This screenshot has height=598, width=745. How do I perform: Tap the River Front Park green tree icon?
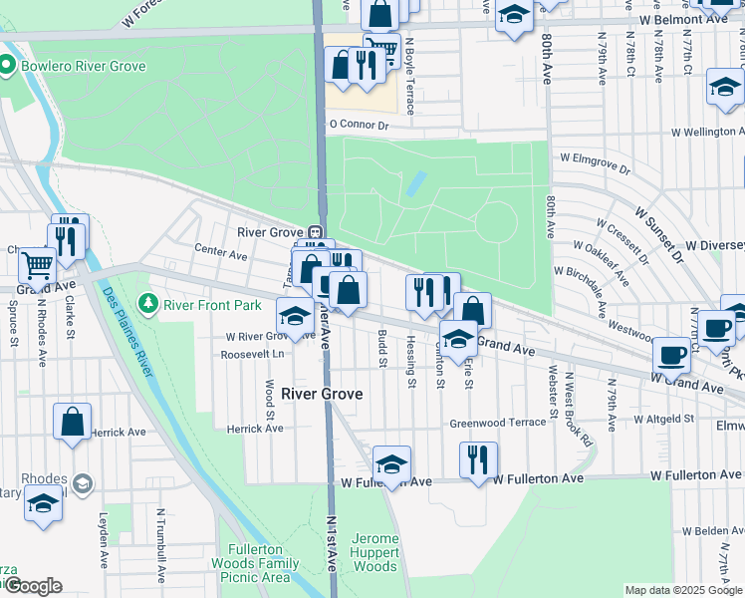[148, 301]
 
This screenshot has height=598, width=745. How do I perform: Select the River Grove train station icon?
[315, 232]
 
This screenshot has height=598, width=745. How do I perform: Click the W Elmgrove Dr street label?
[596, 157]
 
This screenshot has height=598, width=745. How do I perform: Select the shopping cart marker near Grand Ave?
[38, 264]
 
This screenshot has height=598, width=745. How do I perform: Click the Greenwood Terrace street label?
[498, 423]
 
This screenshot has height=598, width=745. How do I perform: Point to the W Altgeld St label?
[662, 418]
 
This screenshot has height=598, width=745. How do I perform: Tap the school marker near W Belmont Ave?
[514, 16]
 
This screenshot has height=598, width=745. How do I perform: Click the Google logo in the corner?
[32, 585]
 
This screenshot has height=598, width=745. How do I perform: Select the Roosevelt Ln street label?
[252, 354]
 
